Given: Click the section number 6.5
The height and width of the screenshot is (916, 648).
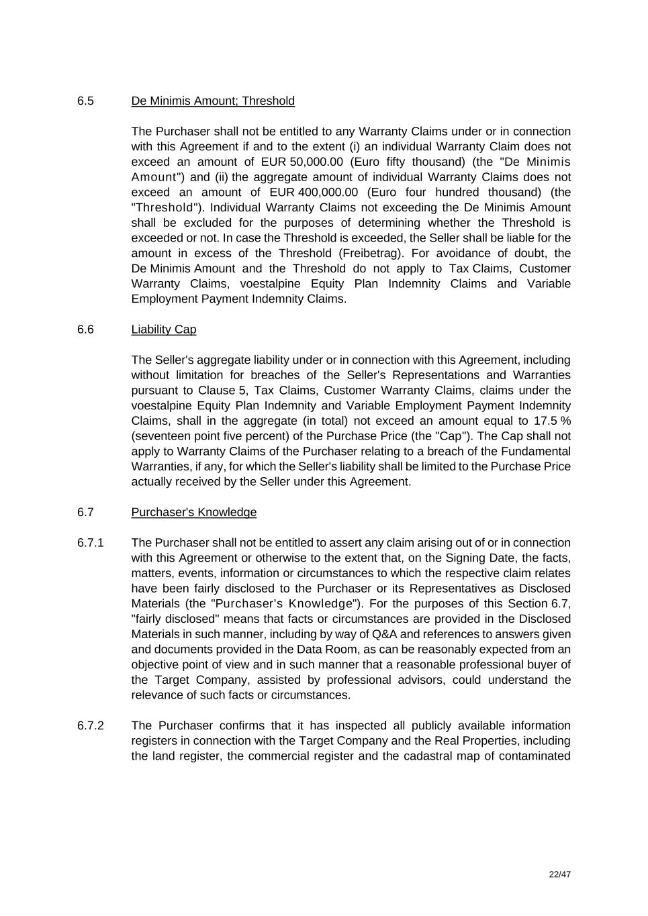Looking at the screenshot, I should click(85, 101).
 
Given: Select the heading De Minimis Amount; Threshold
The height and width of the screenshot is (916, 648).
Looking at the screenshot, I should click(212, 101).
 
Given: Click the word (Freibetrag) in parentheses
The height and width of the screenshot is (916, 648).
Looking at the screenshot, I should click(371, 253).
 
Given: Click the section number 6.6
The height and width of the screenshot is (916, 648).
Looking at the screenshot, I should click(85, 329).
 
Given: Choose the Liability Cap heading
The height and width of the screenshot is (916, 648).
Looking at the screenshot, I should click(163, 329).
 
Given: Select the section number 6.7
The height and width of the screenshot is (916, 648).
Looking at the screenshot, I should click(85, 513).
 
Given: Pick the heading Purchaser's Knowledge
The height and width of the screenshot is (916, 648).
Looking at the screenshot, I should click(193, 513).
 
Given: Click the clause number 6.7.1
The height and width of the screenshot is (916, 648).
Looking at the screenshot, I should click(90, 543).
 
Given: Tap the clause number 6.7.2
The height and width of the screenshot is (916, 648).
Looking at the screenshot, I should click(90, 726).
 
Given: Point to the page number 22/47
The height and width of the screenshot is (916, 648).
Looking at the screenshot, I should click(559, 874).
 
